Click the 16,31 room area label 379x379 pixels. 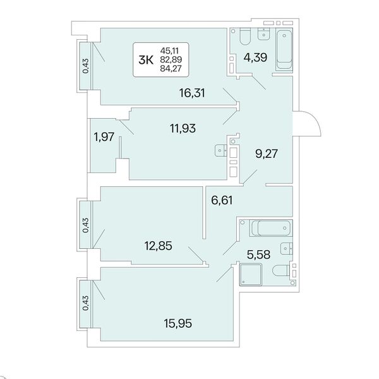192,93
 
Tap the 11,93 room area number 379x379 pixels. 183,128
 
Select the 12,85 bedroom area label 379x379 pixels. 159,246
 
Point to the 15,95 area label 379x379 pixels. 178,323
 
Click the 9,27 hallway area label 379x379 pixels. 267,153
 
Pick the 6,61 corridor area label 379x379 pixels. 222,200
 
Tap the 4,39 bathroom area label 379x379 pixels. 255,57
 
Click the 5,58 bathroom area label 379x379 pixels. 258,255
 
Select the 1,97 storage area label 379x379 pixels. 104,137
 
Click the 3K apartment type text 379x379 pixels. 146,60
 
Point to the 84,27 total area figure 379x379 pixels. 171,69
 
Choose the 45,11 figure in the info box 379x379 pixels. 169,51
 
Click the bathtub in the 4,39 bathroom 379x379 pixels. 284,49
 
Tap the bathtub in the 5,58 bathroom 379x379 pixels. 271,228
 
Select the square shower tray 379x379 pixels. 251,274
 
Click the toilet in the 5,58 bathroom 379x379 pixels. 281,270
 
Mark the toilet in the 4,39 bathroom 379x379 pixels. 245,37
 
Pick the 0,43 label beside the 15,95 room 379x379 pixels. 85,303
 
